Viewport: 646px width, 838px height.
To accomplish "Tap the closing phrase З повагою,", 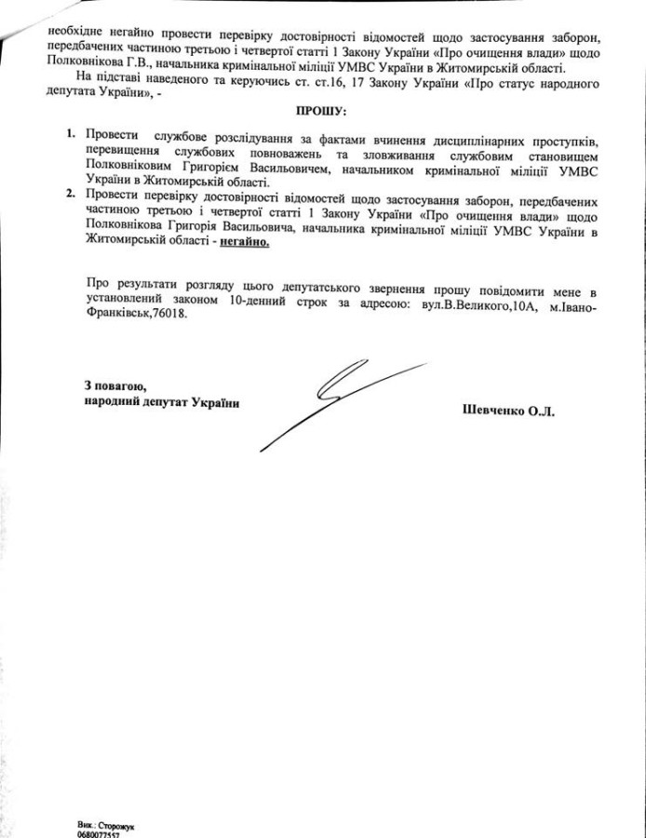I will (114, 385).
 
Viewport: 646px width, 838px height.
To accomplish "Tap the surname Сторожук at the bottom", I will (122, 825).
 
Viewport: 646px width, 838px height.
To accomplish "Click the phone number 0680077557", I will (100, 834).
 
